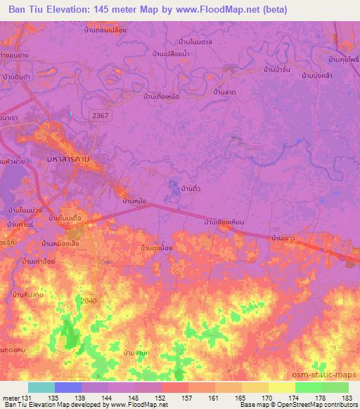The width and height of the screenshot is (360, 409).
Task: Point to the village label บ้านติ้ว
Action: pos(192,190)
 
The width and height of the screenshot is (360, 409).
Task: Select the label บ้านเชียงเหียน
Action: pos(224,222)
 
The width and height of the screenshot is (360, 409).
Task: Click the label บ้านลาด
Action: pos(224,92)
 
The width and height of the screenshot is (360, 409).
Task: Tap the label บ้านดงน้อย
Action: pos(157,247)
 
